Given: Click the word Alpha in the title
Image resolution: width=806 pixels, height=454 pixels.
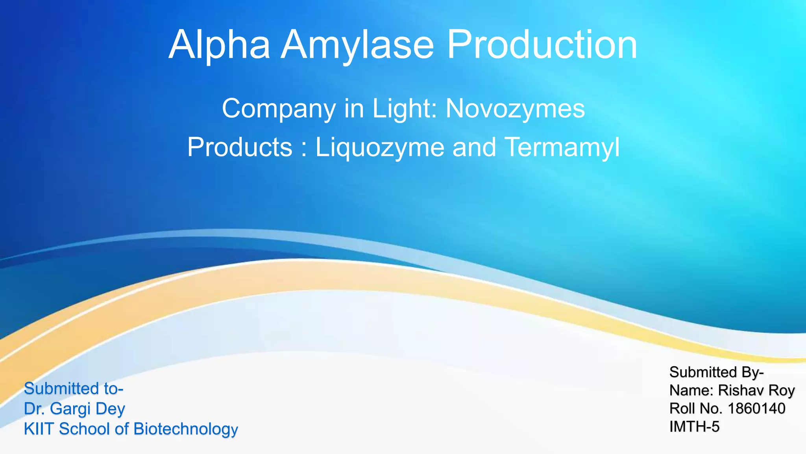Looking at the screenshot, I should [219, 45].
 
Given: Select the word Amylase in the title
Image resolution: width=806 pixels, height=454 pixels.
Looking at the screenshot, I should [357, 45].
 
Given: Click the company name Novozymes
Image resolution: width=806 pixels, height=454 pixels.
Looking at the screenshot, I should [515, 108].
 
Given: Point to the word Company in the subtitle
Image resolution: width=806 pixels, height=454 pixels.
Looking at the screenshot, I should [279, 109].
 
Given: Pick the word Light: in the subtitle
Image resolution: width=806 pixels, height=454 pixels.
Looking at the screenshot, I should [405, 108].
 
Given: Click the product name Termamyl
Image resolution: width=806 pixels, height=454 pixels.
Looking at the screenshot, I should [562, 148].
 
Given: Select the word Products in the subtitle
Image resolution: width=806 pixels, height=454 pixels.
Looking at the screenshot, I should [240, 147].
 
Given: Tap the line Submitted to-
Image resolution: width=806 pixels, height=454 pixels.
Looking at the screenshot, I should [74, 389].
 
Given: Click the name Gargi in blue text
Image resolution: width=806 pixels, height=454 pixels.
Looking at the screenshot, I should [70, 409].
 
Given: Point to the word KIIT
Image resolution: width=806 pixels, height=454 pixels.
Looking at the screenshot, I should [39, 429].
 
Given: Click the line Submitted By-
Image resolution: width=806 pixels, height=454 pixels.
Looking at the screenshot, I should [716, 372].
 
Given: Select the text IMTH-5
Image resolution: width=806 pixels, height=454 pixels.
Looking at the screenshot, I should [694, 426].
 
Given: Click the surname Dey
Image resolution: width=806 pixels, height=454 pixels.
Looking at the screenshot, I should [110, 409].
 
